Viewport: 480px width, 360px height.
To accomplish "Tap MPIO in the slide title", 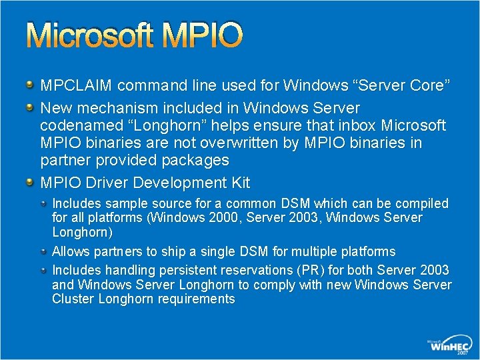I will point(203,36).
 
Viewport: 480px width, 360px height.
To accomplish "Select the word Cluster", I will point(73,299).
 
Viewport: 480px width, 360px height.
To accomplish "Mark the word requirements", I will point(197,299).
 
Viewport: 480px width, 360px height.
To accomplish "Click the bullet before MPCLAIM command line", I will point(30,85).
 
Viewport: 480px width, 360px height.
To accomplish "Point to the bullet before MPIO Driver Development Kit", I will point(30,183).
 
